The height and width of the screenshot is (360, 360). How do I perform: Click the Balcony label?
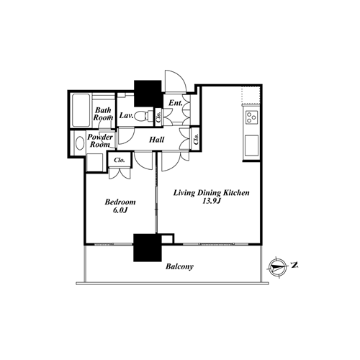click(x=179, y=266)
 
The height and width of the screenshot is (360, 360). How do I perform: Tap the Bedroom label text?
click(x=120, y=202)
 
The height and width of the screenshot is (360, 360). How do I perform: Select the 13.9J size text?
click(x=212, y=201)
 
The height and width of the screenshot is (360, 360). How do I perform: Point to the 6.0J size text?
click(x=120, y=210)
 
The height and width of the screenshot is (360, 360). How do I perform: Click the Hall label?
click(x=157, y=140)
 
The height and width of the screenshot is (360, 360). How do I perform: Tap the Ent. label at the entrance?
click(x=176, y=103)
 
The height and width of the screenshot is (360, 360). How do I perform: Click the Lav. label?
click(x=127, y=115)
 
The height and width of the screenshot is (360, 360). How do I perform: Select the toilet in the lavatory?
click(x=144, y=117)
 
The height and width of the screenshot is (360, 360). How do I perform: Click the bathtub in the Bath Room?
click(x=81, y=110)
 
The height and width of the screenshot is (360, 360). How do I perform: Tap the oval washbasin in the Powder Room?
click(x=80, y=143)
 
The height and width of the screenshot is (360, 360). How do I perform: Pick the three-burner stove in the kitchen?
click(x=251, y=117)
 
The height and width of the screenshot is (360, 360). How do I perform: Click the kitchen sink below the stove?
click(x=251, y=145)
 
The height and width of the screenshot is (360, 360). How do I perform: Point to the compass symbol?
click(x=278, y=267)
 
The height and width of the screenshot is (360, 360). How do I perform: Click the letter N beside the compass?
click(x=294, y=265)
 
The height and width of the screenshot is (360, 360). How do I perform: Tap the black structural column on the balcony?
click(x=148, y=248)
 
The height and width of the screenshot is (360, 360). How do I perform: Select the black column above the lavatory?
click(x=148, y=94)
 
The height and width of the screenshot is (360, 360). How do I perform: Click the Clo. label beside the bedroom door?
click(x=120, y=160)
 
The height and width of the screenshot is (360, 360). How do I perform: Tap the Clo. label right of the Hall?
click(x=197, y=139)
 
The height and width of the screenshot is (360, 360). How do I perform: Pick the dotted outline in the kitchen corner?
click(x=251, y=96)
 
